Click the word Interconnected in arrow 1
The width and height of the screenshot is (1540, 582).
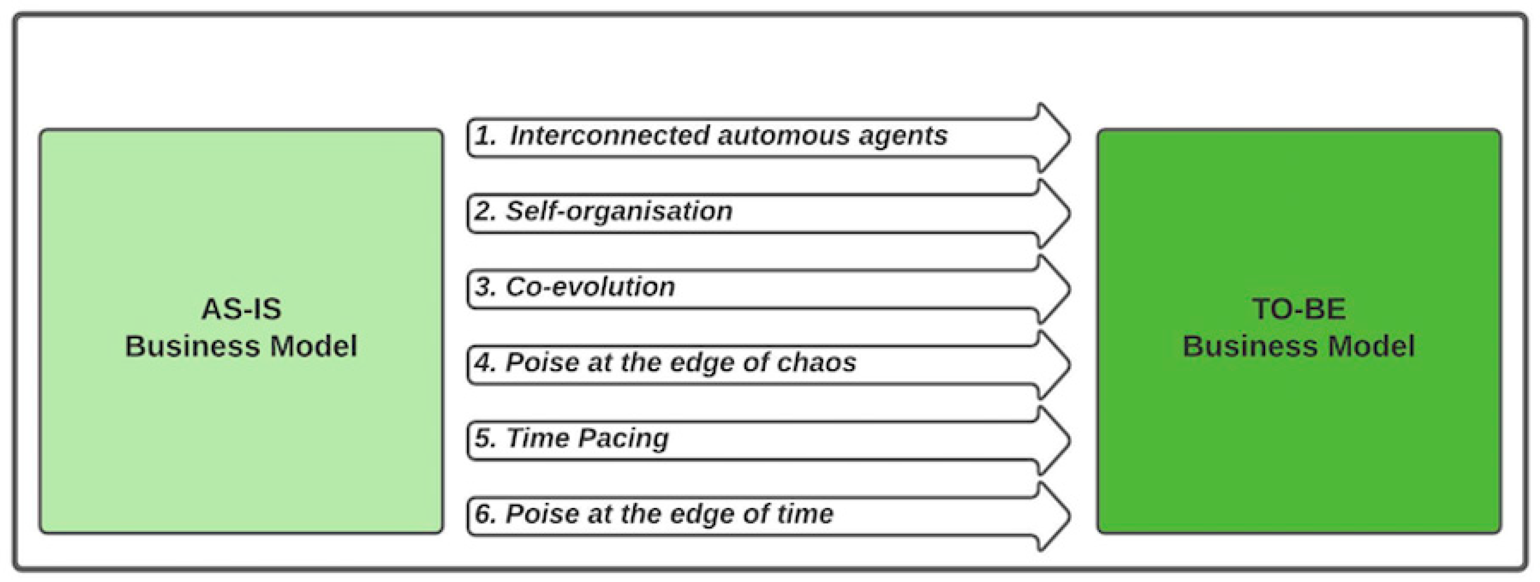tap(610, 135)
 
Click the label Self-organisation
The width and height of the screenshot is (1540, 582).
tap(619, 211)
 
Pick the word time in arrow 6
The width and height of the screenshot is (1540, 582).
tap(802, 514)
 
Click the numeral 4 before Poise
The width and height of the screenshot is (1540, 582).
tap(484, 363)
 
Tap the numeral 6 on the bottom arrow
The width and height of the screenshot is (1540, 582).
tap(484, 514)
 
